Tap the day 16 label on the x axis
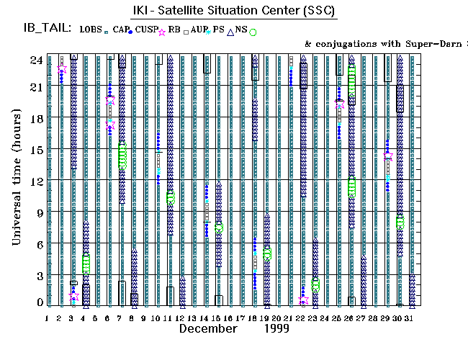click(230, 318)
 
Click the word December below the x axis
click(208, 329)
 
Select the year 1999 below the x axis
click(276, 329)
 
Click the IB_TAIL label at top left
click(46, 29)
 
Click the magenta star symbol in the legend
click(162, 32)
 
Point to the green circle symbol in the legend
click(253, 32)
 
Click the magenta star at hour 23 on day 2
click(62, 69)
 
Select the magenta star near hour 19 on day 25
click(340, 105)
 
